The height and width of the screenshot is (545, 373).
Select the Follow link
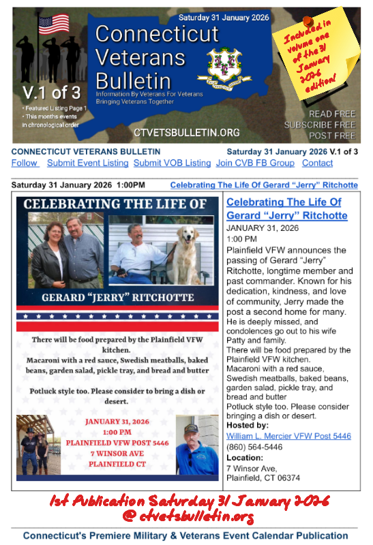coord(25,163)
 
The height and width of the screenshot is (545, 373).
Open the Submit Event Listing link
coord(87,163)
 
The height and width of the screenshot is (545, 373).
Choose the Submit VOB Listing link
coord(172,163)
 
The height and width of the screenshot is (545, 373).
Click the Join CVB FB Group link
coord(255,163)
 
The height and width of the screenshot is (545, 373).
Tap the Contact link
coord(317,163)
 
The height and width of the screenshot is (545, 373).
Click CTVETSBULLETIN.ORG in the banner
coord(177,132)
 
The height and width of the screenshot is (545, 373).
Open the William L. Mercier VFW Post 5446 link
coord(288,435)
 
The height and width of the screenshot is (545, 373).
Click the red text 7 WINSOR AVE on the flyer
coord(117,453)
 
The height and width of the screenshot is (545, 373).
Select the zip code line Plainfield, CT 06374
coord(263,478)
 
